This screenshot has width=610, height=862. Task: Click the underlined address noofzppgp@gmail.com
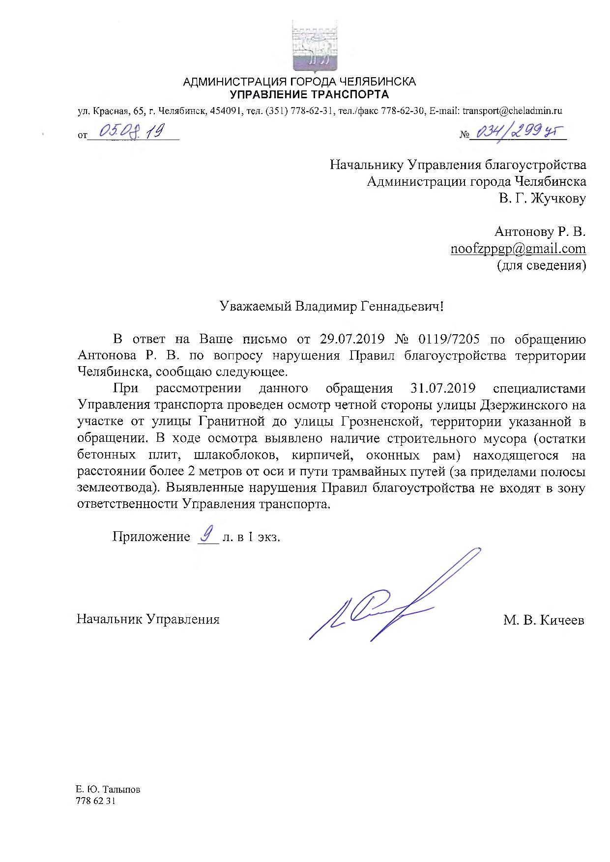click(518, 249)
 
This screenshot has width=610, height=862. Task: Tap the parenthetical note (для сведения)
click(541, 266)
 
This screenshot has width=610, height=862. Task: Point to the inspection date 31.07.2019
click(442, 388)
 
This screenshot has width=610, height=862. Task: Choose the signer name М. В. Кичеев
click(544, 620)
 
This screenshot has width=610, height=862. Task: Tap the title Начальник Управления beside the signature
click(148, 619)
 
